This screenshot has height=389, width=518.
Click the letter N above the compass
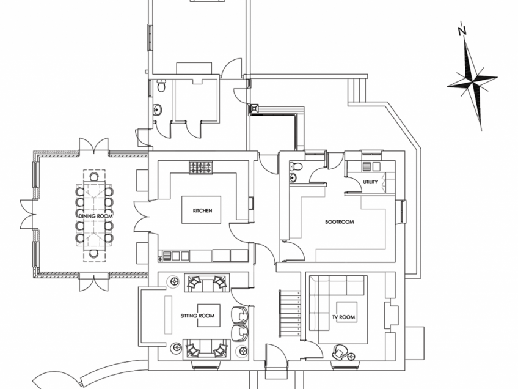(x=462, y=30)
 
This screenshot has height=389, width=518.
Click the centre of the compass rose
(x=472, y=81)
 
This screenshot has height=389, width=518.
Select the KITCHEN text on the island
(x=202, y=210)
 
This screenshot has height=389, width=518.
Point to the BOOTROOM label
(x=339, y=221)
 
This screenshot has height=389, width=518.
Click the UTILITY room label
(x=370, y=182)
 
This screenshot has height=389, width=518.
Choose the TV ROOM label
(x=344, y=317)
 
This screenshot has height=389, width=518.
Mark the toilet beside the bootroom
(x=296, y=166)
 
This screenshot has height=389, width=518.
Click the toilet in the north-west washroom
(x=161, y=87)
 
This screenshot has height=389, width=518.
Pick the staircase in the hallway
(x=290, y=313)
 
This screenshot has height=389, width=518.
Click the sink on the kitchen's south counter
(x=175, y=254)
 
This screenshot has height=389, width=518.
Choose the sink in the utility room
(x=370, y=166)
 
